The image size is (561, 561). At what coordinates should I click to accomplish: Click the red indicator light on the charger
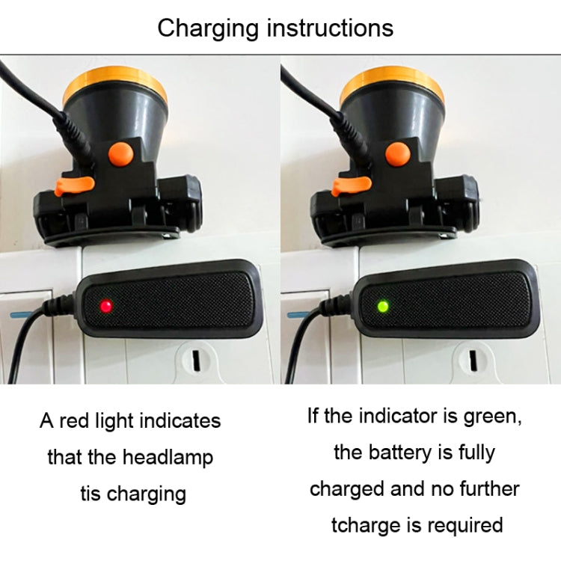(106, 306)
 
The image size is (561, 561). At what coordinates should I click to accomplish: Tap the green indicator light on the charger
(383, 306)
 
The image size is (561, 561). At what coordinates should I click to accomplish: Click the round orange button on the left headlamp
(120, 154)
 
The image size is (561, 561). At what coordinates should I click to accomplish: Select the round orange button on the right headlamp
(398, 154)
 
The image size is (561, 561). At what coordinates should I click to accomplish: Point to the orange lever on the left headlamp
(74, 186)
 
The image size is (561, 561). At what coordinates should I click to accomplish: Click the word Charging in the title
(208, 29)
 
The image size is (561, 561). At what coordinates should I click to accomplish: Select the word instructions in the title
(330, 28)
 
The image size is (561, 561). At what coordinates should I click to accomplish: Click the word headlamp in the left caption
(168, 458)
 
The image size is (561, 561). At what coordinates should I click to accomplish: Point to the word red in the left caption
(74, 420)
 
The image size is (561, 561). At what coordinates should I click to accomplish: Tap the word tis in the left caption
(91, 494)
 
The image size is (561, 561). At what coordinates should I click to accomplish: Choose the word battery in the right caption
(400, 453)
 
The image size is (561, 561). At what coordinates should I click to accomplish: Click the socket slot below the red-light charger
(196, 361)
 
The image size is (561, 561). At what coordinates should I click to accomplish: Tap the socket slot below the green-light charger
(473, 361)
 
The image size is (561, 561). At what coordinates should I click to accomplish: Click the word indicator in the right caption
(398, 416)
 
